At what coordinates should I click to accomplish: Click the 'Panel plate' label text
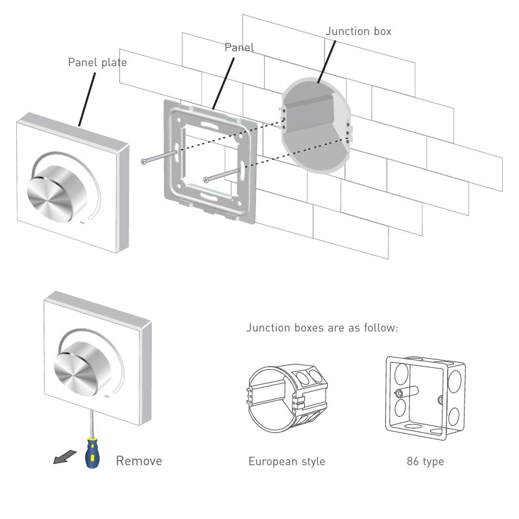coord(97,63)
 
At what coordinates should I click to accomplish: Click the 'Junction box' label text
coord(358,31)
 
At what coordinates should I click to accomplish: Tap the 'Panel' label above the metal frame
coord(239,47)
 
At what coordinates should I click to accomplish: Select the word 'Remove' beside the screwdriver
coord(139,461)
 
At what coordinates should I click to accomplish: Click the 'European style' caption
coord(287,462)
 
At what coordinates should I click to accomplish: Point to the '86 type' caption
coord(425,462)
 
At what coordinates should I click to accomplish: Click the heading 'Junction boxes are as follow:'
coord(322,328)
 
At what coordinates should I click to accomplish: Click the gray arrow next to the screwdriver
coord(62,458)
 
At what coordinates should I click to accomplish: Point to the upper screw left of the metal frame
coord(159,156)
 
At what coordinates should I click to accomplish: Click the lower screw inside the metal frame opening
coord(221,175)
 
